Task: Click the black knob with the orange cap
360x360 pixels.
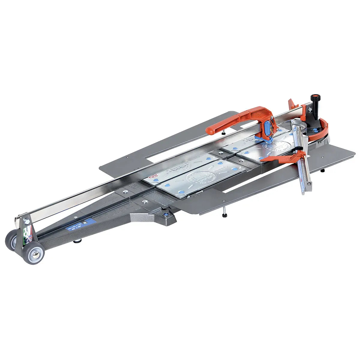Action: pyautogui.click(x=315, y=98)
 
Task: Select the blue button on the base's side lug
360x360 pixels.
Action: pyautogui.click(x=165, y=214)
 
